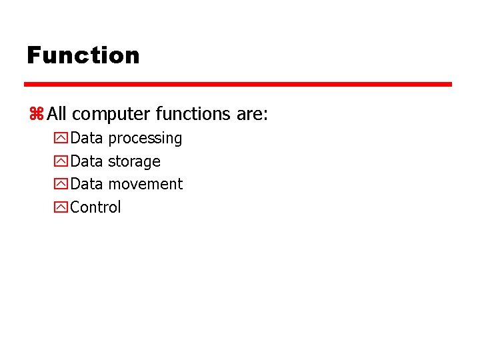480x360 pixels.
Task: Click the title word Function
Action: tap(83, 55)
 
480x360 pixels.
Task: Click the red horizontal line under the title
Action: tap(238, 85)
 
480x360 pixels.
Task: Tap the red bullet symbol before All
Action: tap(35, 115)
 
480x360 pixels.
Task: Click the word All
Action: tap(57, 114)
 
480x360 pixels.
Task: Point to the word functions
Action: tap(193, 114)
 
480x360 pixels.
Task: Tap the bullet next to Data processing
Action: tap(61, 139)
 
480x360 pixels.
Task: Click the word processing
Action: tap(145, 139)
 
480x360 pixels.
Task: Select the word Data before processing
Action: tap(87, 138)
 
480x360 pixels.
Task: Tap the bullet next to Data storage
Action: tap(61, 162)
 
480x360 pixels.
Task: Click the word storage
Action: tap(134, 161)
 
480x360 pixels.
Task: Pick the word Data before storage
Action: tap(87, 161)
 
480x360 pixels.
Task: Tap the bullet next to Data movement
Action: tap(61, 185)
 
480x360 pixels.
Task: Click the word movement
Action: tap(145, 184)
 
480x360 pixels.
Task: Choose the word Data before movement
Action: tap(87, 184)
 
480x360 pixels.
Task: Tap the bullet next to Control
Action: tap(61, 208)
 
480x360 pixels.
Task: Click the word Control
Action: tap(95, 207)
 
